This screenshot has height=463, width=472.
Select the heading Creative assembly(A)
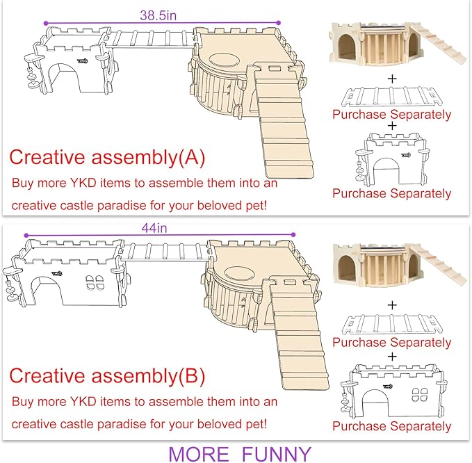(x=107, y=159)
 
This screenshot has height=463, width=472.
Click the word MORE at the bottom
(x=198, y=454)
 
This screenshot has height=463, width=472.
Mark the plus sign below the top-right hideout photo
(x=391, y=79)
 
